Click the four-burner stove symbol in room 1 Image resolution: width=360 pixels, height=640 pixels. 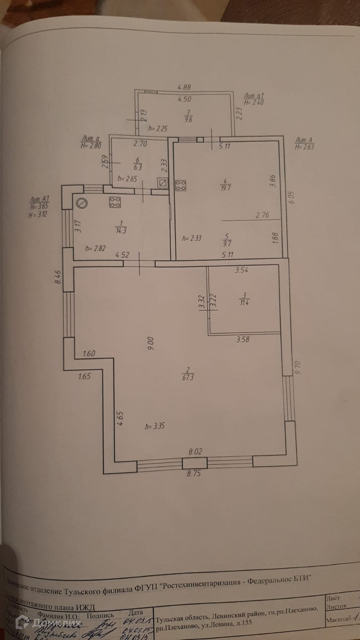coord(115,203)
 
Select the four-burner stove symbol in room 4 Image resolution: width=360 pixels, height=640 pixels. coord(181,185)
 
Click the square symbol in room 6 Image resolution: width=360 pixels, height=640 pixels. coord(163,183)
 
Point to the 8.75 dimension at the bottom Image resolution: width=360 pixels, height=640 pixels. coord(194,473)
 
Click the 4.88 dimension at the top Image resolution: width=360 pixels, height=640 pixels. coord(184,87)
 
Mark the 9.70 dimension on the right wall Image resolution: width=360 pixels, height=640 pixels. coord(297,367)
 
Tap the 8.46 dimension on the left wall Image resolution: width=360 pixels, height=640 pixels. coord(58,277)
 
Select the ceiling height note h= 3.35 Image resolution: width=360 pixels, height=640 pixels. coord(155,426)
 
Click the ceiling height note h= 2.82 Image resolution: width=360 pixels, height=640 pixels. coord(95,248)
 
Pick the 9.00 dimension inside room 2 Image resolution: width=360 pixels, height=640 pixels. coord(151,343)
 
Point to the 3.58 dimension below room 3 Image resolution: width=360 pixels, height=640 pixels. coord(243,339)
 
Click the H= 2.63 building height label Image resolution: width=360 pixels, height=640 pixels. coord(304,147)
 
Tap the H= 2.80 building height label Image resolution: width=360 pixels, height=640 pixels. coord(91,146)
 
